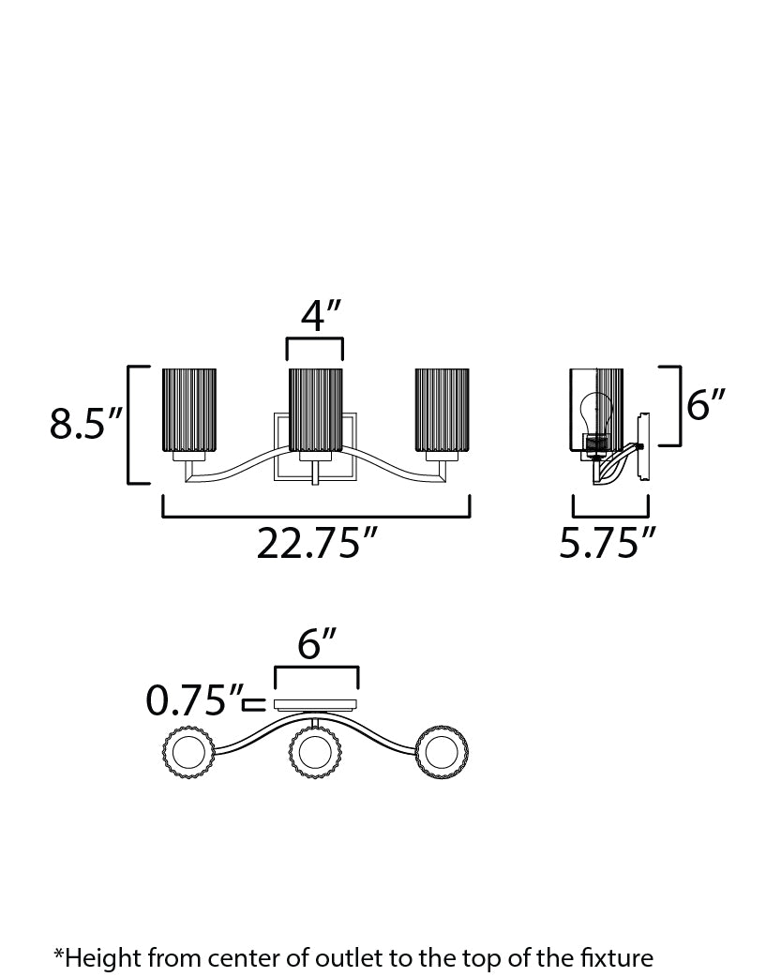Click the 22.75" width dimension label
pos(317,543)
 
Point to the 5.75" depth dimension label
pos(608,543)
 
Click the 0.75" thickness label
pos(194,700)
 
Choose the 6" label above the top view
pos(317,643)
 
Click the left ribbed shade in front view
pos(188,410)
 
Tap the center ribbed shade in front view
pos(315,410)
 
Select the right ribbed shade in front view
pos(442,410)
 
